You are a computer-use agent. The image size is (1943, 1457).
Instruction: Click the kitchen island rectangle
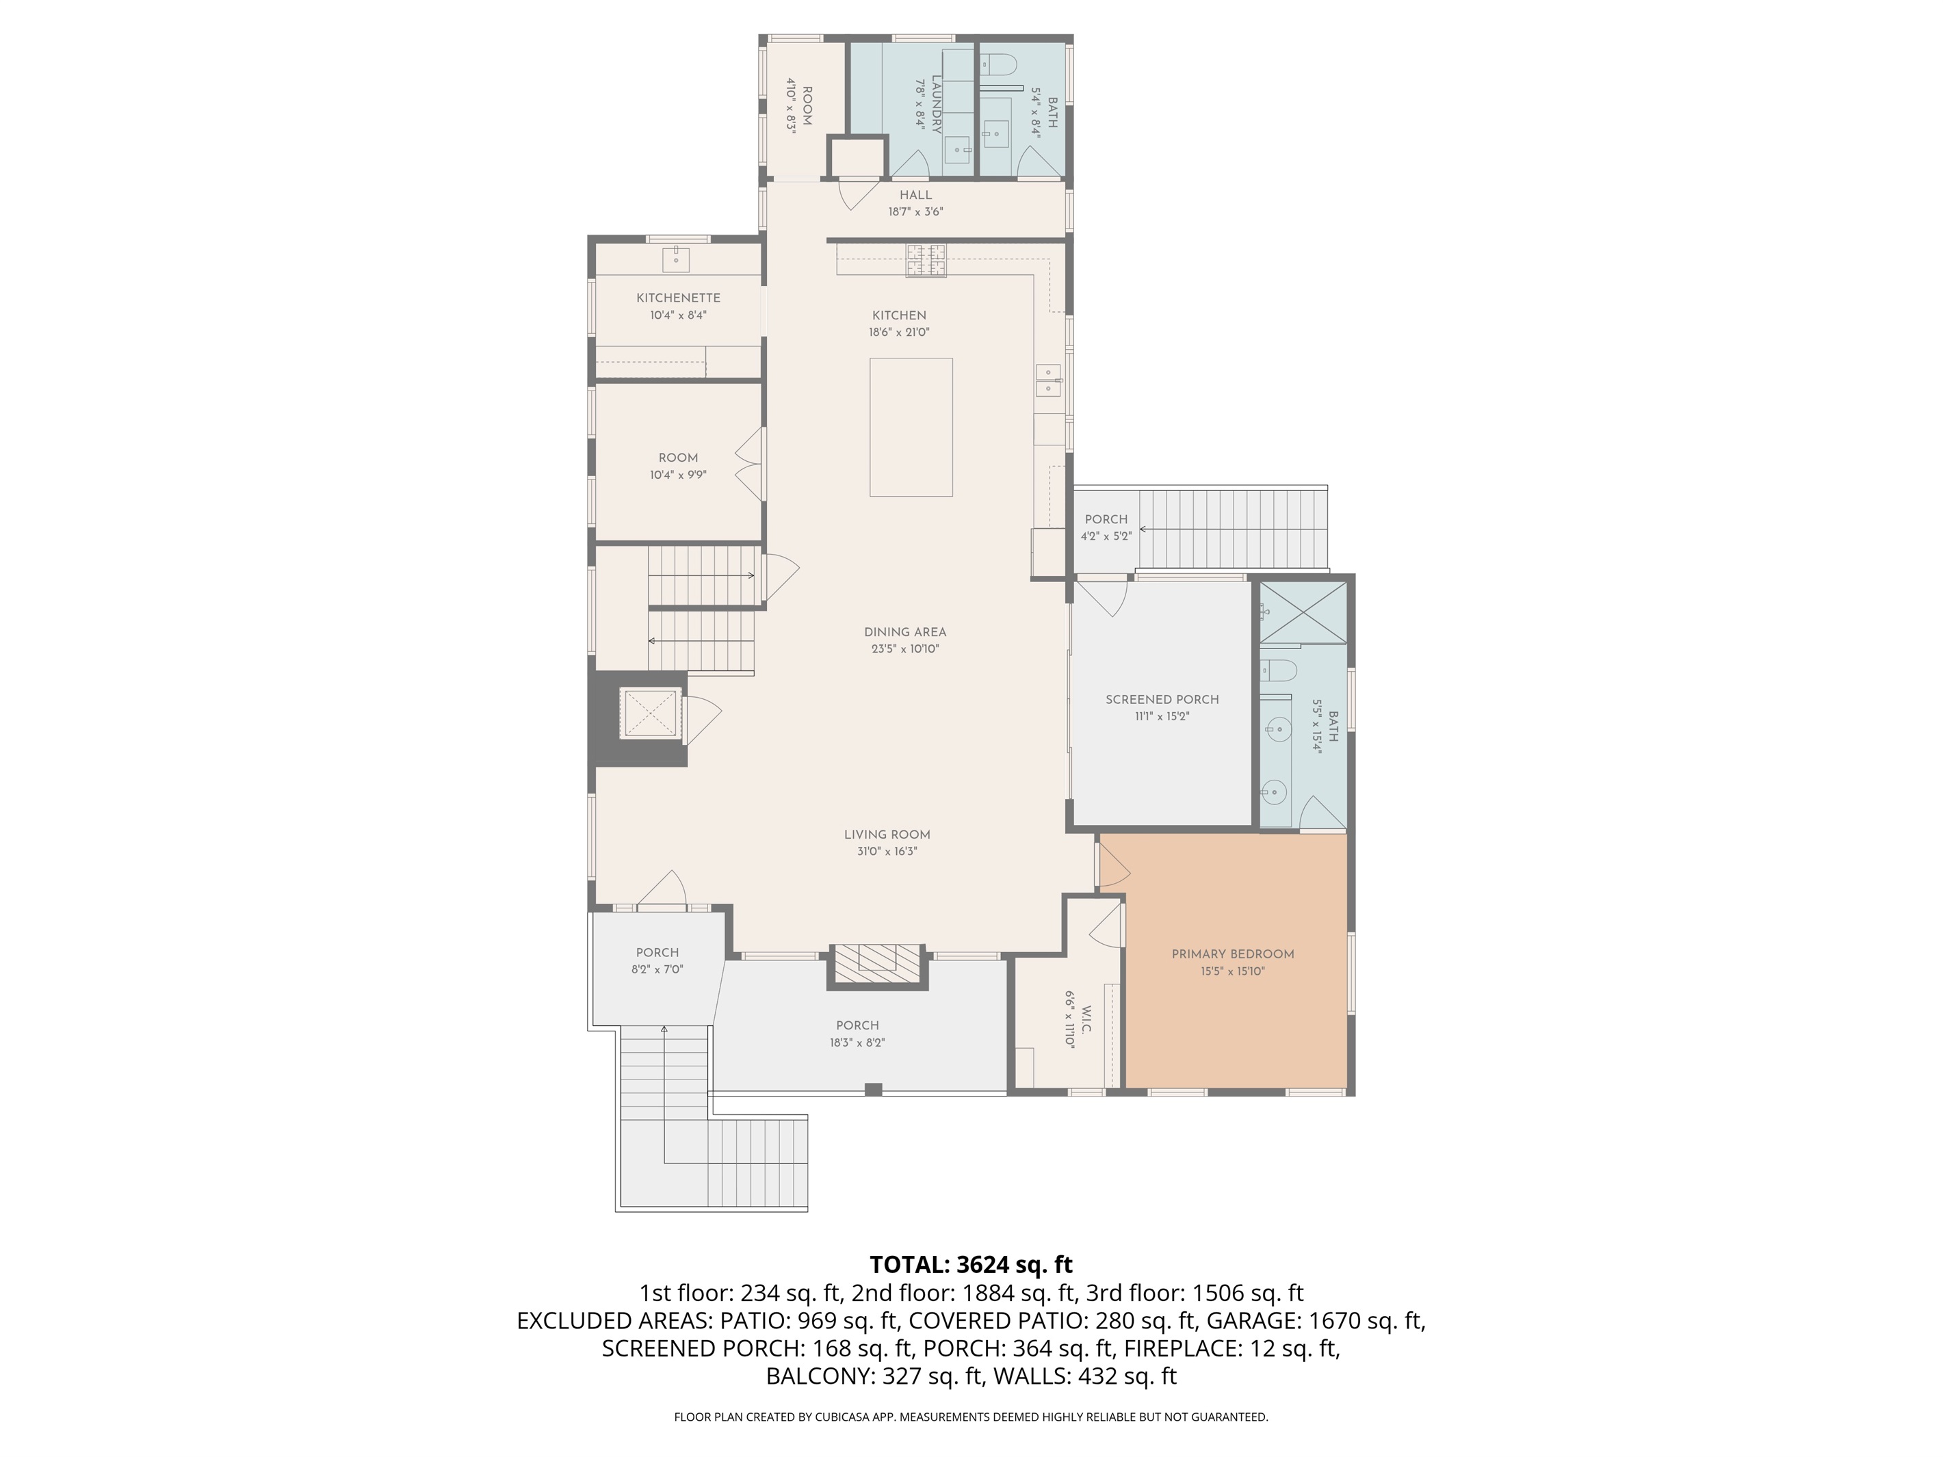[911, 427]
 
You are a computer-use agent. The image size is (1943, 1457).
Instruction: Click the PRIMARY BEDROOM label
[1232, 955]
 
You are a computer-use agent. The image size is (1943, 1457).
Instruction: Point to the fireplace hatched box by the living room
[876, 966]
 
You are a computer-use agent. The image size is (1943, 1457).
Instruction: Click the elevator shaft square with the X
[651, 713]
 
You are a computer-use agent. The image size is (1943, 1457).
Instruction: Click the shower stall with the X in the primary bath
[1303, 612]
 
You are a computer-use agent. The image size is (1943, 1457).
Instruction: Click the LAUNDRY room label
[937, 104]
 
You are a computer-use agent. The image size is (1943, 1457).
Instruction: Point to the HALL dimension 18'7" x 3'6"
[915, 211]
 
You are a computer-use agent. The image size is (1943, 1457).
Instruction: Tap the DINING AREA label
[904, 632]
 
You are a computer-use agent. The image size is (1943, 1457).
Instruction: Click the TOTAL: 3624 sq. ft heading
[971, 1265]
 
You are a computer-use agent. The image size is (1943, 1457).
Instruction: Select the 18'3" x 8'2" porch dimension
[857, 1043]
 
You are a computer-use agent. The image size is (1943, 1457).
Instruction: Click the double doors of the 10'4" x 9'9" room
[749, 464]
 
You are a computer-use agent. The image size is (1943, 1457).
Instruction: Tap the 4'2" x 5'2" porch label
[1105, 520]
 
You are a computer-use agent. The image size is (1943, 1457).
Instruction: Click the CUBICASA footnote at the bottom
[971, 1417]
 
